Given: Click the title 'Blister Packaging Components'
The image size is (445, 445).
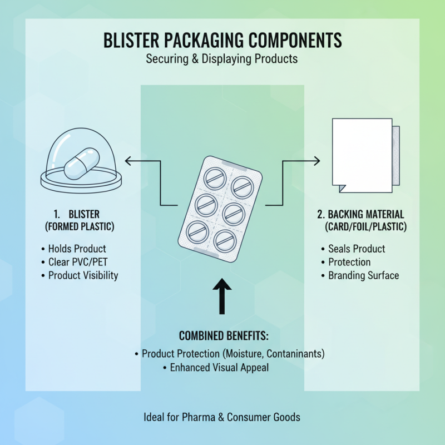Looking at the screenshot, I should [222, 41].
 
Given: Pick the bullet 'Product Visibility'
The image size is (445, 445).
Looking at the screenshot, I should [83, 275].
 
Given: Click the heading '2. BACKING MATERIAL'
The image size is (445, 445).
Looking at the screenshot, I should [360, 214].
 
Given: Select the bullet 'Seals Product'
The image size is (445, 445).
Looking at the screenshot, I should [357, 249].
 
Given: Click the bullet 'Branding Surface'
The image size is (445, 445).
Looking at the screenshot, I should [363, 275].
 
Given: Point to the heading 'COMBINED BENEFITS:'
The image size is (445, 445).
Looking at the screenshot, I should [222, 336].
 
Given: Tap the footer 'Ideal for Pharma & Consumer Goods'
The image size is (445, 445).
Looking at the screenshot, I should [222, 417].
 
